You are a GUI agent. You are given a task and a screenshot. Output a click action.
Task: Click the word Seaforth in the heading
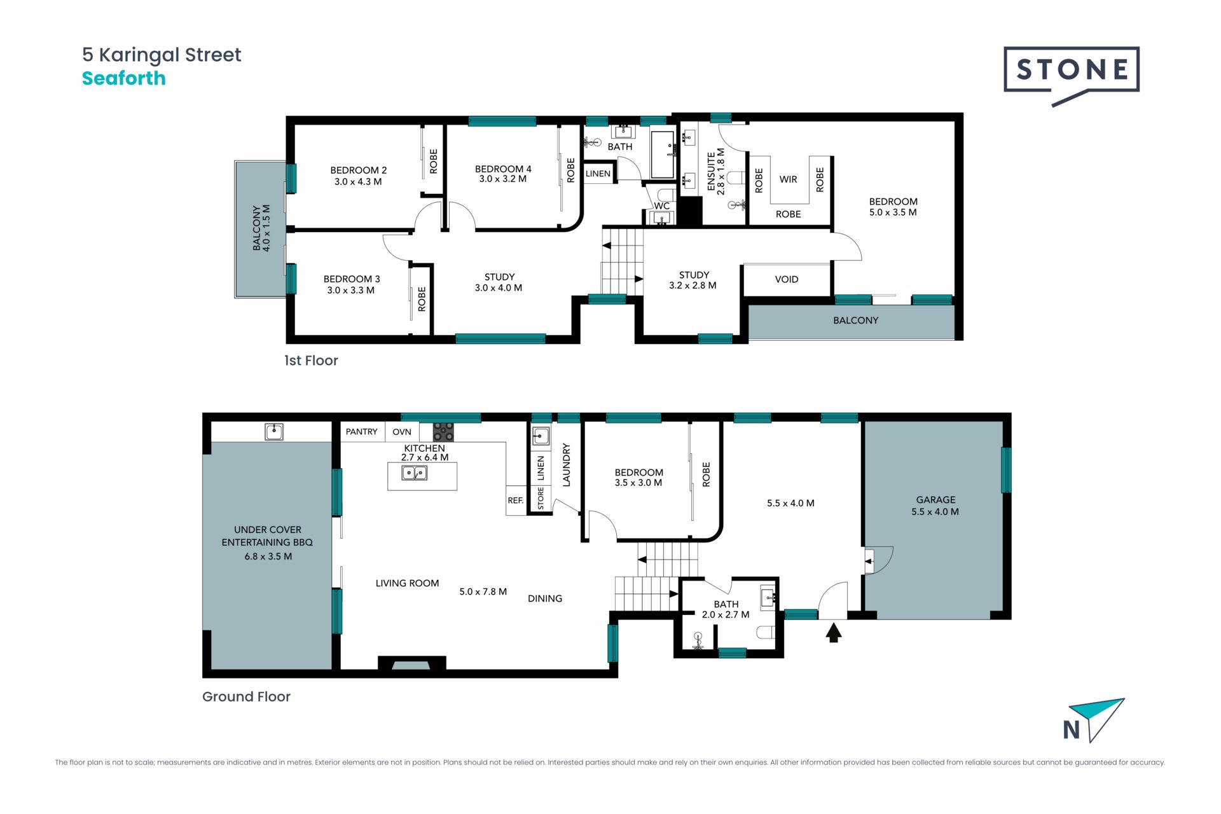click(124, 78)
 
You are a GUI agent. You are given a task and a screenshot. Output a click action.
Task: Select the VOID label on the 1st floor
click(787, 279)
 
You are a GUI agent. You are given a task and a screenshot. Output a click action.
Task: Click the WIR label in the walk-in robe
click(788, 179)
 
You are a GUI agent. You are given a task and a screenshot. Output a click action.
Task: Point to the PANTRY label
click(361, 432)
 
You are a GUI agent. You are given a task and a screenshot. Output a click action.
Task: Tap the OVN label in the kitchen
click(402, 432)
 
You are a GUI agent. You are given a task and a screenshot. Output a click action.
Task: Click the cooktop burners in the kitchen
click(443, 432)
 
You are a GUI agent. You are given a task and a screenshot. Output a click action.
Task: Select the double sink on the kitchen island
click(415, 473)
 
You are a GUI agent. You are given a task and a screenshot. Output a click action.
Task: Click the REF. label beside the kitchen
click(516, 500)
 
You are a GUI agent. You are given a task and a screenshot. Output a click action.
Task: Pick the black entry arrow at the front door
click(834, 633)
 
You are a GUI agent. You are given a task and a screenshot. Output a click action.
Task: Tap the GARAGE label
click(935, 500)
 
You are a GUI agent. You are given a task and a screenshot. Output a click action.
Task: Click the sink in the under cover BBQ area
click(274, 432)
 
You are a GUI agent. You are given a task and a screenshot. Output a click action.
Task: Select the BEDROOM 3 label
click(352, 279)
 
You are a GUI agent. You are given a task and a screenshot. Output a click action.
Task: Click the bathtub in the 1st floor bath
click(663, 155)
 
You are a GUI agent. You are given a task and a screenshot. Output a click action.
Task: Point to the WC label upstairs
click(662, 206)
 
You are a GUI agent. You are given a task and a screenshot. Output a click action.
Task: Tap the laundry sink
click(541, 436)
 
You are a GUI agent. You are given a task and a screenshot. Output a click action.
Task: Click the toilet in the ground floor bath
click(766, 631)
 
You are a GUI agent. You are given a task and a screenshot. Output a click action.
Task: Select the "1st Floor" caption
click(311, 361)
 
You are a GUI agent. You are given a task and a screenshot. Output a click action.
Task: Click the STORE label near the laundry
click(541, 499)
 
